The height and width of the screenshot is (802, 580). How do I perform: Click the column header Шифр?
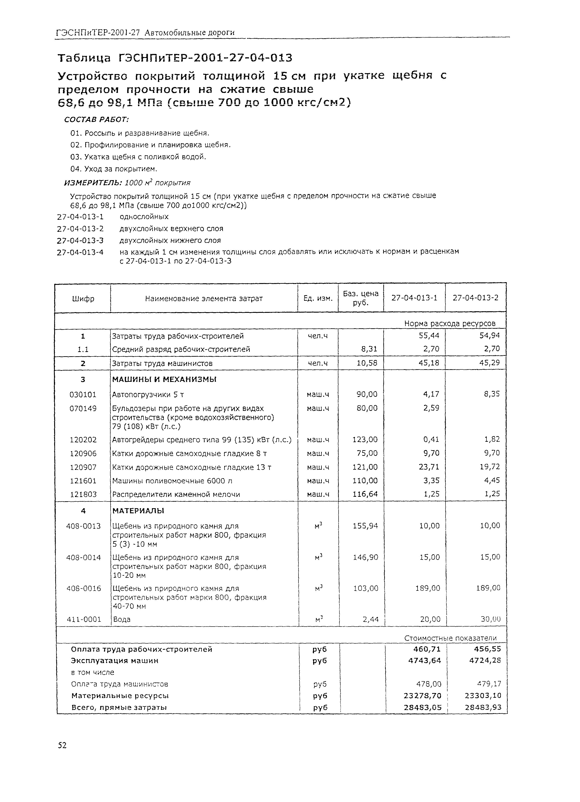pyautogui.click(x=83, y=299)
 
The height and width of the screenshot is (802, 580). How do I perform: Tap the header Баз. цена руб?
pyautogui.click(x=360, y=298)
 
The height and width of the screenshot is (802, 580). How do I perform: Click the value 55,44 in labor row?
pyautogui.click(x=429, y=336)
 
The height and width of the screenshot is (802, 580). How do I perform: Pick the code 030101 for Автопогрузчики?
pyautogui.click(x=83, y=394)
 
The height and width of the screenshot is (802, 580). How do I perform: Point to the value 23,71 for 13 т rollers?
pyautogui.click(x=429, y=467)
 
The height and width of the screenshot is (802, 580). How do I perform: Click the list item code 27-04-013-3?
pyautogui.click(x=80, y=241)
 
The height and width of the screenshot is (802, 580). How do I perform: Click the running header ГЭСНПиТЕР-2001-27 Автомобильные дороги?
pyautogui.click(x=145, y=33)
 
